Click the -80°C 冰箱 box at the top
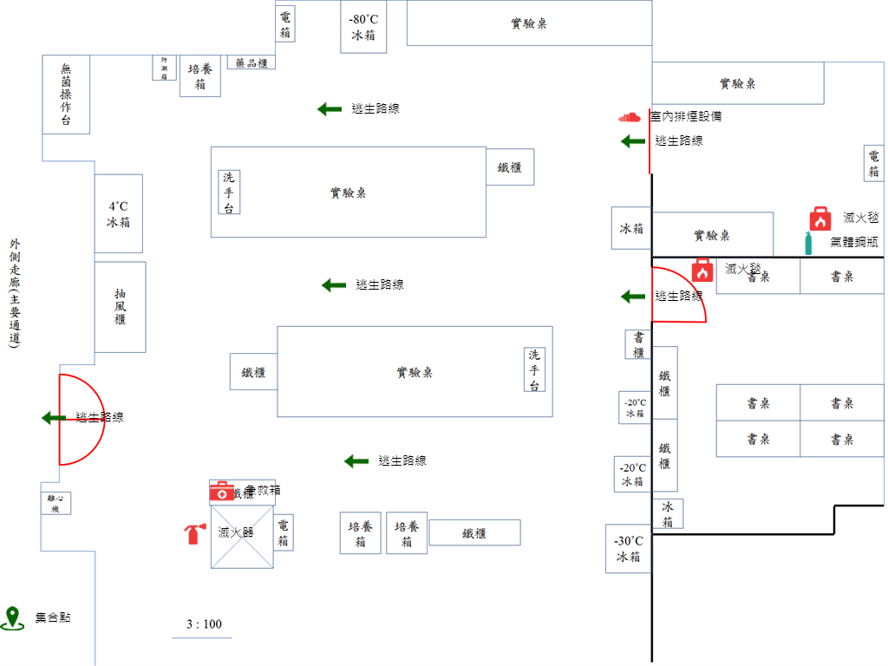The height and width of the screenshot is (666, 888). tap(363, 27)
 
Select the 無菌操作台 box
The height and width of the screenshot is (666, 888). tap(66, 95)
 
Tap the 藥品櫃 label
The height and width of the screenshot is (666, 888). tap(251, 62)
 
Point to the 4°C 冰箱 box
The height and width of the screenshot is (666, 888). tap(118, 214)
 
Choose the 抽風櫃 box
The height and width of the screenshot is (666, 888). tap(120, 307)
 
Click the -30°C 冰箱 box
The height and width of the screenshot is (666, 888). tap(628, 549)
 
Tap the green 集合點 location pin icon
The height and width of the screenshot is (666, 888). tap(12, 617)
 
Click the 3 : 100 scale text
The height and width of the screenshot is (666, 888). tap(204, 624)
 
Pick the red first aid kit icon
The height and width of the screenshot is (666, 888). tap(221, 492)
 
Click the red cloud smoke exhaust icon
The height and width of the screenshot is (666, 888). tap(629, 116)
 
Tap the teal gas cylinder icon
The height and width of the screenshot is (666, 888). tap(808, 243)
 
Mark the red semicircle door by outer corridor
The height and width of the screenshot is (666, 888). tap(78, 419)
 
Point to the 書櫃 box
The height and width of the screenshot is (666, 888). tap(638, 344)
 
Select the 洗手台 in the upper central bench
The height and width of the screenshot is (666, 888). tap(229, 192)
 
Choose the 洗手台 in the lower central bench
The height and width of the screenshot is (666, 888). tap(535, 369)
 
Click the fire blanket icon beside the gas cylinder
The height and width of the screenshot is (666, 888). tap(820, 219)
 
